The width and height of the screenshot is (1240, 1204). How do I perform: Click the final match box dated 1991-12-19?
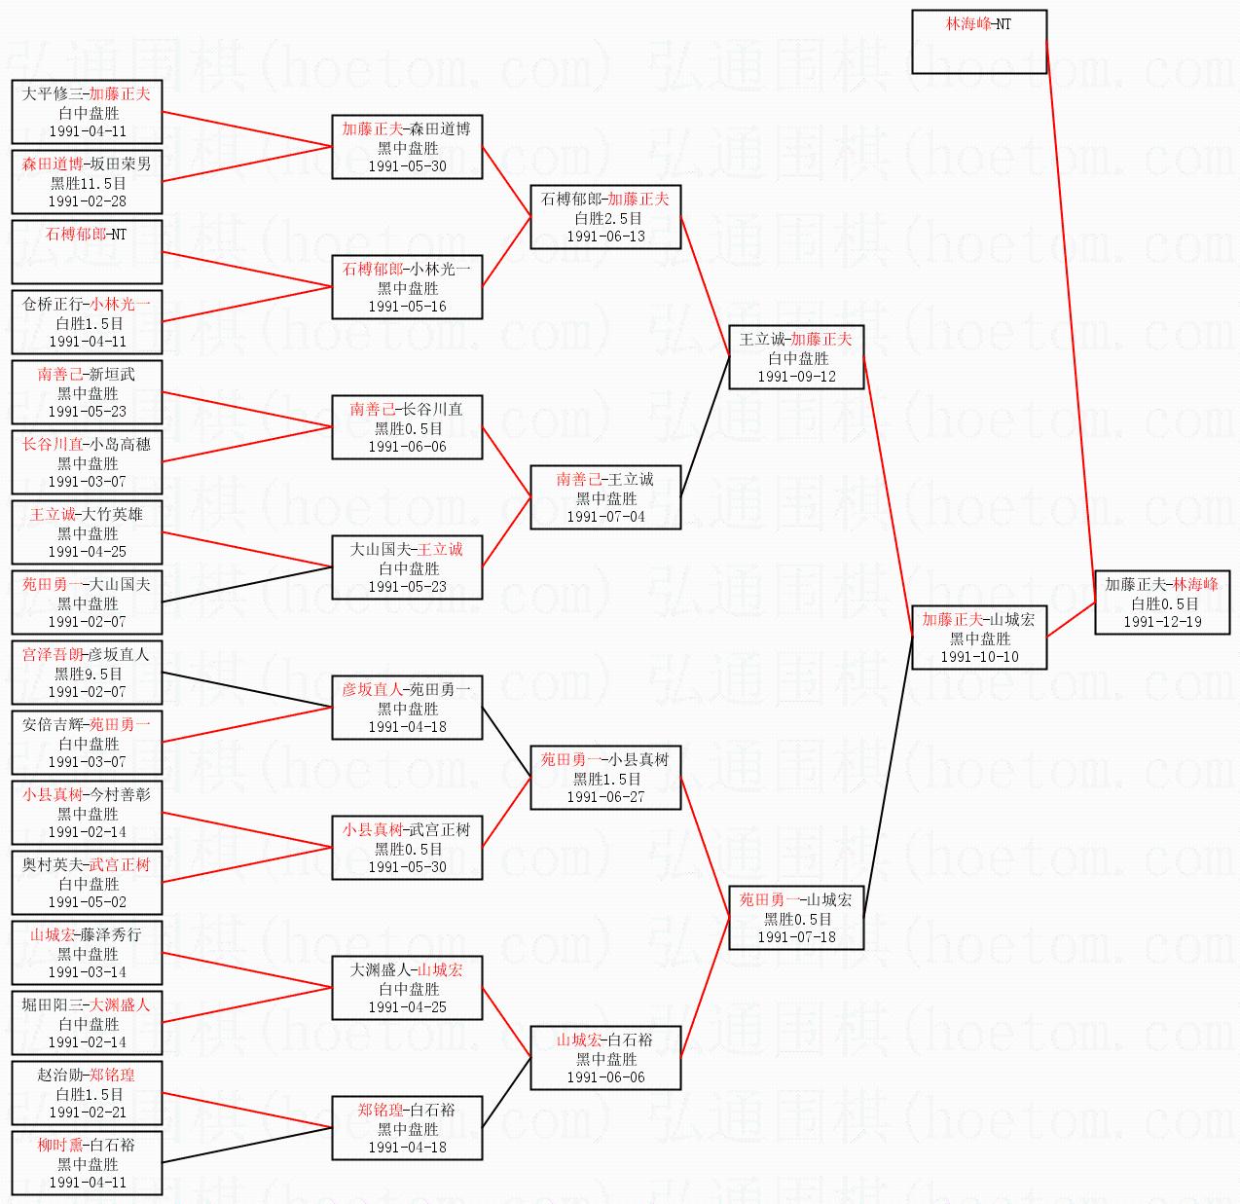click(1161, 602)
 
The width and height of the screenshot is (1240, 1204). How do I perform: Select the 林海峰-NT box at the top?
click(978, 42)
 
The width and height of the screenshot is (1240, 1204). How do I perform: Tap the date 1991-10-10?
click(978, 657)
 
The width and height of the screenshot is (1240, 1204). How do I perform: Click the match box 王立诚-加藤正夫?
click(796, 357)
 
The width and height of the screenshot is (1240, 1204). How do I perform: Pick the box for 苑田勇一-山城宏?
click(796, 918)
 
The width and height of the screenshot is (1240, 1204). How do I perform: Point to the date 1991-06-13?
click(605, 237)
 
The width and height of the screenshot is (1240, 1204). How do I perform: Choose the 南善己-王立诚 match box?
click(605, 497)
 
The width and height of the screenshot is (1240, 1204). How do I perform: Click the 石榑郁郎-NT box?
click(87, 252)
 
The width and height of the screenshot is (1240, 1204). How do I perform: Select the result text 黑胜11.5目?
click(88, 183)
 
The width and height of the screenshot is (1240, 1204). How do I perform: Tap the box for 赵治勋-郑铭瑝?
click(87, 1093)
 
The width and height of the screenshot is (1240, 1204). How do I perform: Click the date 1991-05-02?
click(88, 902)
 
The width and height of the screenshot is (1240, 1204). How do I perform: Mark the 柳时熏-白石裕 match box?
click(87, 1163)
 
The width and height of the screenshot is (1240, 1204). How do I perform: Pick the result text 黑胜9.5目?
click(88, 674)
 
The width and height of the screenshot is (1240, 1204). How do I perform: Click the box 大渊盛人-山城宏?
click(407, 988)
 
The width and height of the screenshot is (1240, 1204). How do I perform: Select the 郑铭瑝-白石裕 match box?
click(407, 1128)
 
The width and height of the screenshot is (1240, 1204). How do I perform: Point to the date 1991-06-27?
click(605, 797)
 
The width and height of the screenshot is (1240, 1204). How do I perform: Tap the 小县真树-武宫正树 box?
click(407, 848)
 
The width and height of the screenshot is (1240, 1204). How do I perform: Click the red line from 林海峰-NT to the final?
click(1071, 321)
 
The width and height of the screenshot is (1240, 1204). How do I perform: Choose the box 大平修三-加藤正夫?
click(87, 112)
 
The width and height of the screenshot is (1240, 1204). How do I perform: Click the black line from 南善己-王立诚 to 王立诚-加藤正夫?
click(705, 427)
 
